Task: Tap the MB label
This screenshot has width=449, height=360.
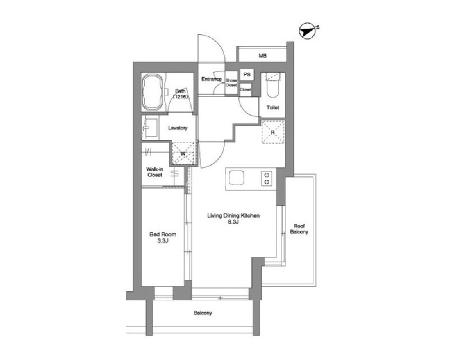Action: (262, 56)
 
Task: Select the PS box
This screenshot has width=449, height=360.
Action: (247, 75)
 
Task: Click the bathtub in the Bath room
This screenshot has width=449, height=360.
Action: (153, 92)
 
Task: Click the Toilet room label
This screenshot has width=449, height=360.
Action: (273, 108)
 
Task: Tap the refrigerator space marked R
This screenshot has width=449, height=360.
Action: (273, 132)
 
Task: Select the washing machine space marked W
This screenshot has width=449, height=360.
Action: (183, 154)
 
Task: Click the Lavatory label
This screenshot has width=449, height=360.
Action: (178, 128)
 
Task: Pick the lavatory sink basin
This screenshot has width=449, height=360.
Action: (150, 128)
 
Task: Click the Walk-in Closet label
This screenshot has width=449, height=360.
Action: (155, 172)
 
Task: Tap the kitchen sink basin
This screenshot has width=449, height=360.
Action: (236, 178)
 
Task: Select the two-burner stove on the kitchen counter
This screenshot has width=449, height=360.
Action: (267, 178)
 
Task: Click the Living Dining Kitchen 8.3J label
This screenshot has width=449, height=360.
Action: (233, 218)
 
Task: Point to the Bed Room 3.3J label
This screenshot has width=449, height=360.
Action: (163, 237)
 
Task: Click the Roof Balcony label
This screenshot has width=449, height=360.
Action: (299, 229)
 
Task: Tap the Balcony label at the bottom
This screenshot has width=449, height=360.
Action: (203, 313)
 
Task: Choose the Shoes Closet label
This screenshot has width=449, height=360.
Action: (231, 83)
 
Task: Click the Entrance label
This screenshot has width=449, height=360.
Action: (211, 80)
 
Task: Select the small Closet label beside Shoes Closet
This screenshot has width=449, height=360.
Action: (246, 89)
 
